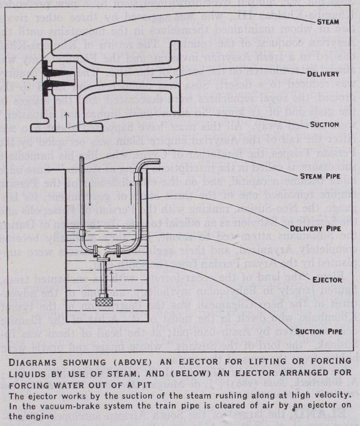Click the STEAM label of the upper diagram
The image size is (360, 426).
(x=328, y=23)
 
